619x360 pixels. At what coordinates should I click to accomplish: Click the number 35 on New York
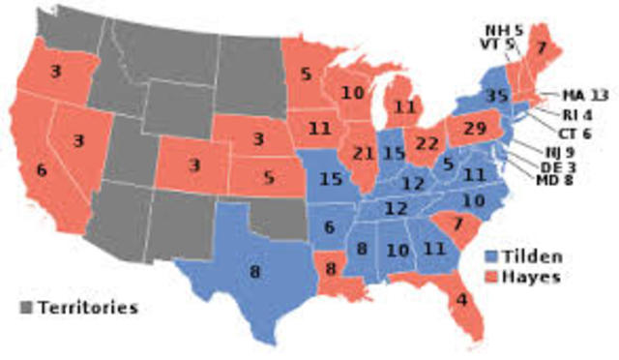tap(497, 95)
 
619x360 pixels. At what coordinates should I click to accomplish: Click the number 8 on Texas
tap(254, 272)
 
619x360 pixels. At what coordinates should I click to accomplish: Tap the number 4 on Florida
tap(461, 299)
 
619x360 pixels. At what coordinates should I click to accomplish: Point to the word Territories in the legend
tap(87, 308)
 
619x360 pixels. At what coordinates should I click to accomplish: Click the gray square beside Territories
tap(26, 308)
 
